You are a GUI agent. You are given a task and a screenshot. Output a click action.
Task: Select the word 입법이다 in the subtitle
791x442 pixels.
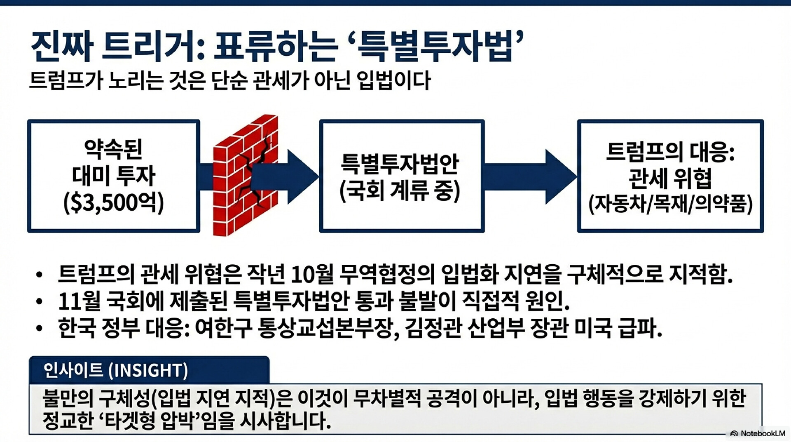(393, 80)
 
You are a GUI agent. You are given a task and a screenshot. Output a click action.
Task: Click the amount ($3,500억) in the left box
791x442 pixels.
(114, 202)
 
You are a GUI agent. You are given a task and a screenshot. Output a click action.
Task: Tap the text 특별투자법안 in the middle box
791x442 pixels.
(400, 163)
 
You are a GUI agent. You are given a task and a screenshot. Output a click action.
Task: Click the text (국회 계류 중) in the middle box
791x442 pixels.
(400, 190)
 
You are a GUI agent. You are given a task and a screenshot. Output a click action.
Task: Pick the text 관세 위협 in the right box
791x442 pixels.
(670, 178)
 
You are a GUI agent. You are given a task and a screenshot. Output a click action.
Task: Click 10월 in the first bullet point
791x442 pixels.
(312, 274)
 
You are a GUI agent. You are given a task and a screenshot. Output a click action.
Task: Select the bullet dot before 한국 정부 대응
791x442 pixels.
(39, 328)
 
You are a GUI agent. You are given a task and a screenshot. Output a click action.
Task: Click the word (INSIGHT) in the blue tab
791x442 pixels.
(148, 370)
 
